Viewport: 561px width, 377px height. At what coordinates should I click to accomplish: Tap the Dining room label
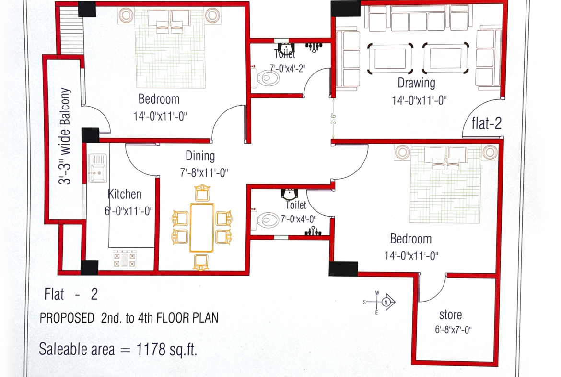point(200,156)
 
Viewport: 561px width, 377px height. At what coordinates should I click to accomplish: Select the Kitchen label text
point(125,194)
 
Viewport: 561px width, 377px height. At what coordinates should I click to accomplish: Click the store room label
point(450,315)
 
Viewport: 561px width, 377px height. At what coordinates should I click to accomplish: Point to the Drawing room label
point(417,83)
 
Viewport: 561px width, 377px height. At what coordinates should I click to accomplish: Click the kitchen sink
point(98,168)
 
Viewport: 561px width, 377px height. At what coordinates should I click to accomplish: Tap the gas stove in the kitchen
point(125,259)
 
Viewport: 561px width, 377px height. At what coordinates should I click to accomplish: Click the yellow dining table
point(202,228)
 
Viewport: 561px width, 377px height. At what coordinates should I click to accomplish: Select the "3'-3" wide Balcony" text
point(65,136)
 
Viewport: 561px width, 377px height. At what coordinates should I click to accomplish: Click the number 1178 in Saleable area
point(151,349)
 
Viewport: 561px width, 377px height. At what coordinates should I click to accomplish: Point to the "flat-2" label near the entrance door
point(486,123)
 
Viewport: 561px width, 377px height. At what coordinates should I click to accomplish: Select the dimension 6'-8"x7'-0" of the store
point(453,330)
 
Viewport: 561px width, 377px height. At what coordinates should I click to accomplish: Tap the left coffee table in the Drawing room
point(390,59)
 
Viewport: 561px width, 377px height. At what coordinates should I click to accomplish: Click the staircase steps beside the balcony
point(70,31)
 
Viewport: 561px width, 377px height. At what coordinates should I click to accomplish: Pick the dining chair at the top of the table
point(202,193)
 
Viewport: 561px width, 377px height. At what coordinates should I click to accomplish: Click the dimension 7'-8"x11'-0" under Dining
point(204,173)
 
